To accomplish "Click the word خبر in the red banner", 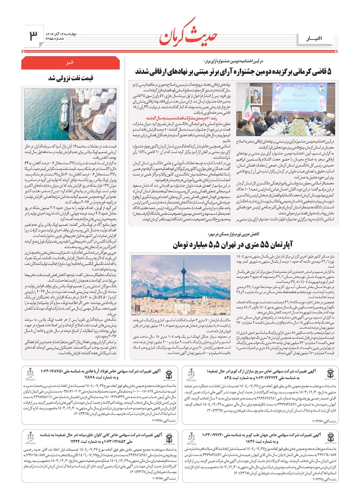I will [x=70, y=62].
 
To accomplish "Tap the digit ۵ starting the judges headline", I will [x=329, y=72].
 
